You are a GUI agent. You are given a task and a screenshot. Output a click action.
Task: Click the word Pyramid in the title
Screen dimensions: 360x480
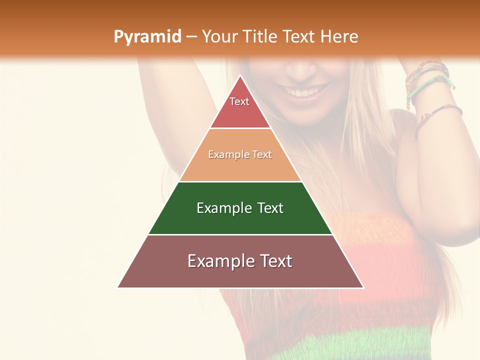click(147, 37)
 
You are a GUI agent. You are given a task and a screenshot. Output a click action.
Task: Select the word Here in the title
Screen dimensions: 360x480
click(339, 37)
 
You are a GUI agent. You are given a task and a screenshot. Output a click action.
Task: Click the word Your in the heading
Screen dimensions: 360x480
click(219, 37)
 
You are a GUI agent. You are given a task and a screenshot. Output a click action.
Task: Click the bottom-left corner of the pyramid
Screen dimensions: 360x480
click(118, 287)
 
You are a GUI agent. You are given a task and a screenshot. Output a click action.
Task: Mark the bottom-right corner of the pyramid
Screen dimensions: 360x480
click(363, 287)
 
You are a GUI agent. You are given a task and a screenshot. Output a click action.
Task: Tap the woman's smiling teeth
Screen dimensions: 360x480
click(305, 92)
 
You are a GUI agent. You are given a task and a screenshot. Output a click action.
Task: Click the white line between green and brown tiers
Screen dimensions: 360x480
click(240, 234)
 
